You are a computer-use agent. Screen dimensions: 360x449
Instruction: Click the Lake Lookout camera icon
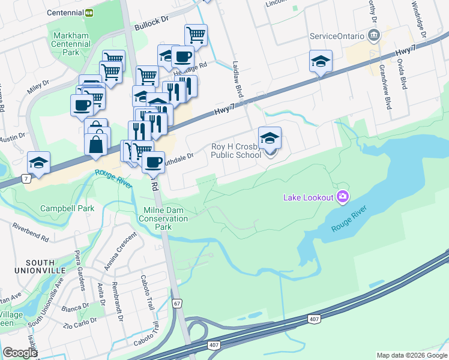tap(343, 196)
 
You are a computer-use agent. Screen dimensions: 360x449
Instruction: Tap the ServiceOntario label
tap(337, 36)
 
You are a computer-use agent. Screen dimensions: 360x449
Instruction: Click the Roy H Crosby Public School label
tap(235, 151)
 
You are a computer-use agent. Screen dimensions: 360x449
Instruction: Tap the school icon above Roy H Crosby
tap(270, 138)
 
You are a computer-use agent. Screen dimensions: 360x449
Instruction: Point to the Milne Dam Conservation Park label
tap(163, 219)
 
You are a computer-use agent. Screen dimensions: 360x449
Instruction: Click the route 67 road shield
tap(176, 304)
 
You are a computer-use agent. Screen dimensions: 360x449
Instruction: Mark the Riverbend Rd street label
tap(29, 230)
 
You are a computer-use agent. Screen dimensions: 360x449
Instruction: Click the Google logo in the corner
tap(20, 353)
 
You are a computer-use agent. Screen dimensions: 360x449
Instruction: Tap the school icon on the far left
tap(38, 163)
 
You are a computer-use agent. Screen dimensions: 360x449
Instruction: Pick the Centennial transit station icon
tap(89, 12)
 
